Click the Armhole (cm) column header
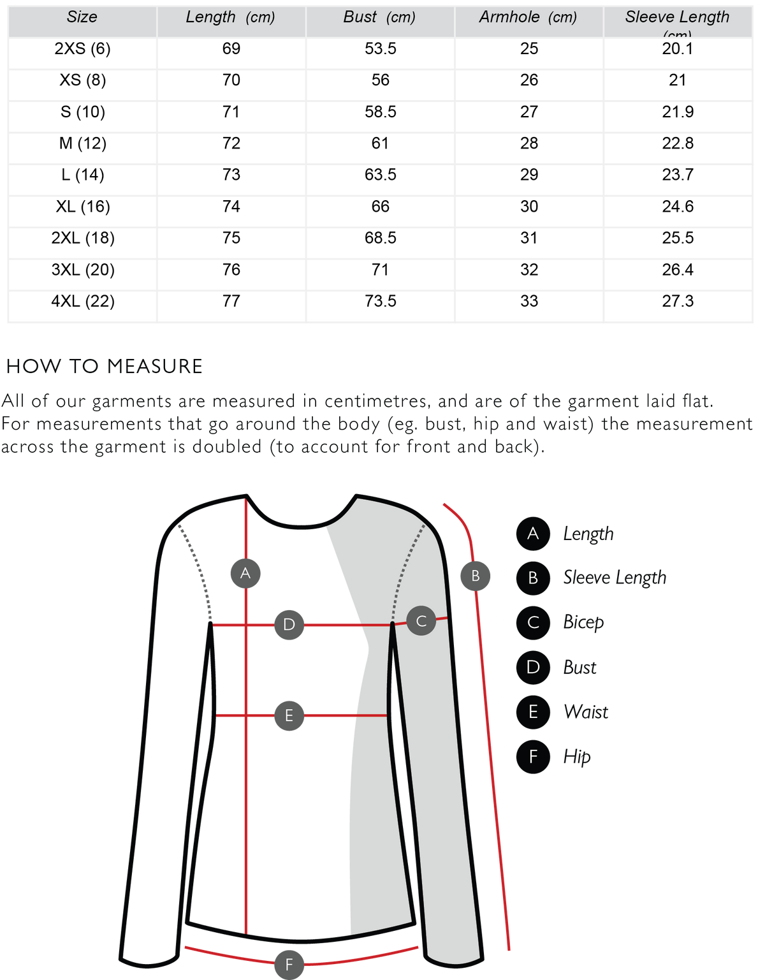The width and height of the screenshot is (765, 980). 528,18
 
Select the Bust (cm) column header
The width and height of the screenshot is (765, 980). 379,18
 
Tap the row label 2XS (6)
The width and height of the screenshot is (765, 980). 82,48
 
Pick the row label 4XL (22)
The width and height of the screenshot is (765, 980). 83,301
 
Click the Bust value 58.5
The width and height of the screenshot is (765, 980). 381,112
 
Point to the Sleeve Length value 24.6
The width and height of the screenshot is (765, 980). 678,207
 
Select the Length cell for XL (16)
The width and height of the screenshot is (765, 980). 231,207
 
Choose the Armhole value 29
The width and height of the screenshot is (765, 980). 528,175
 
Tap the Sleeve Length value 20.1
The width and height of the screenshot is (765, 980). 678,48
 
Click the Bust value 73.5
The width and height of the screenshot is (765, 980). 381,301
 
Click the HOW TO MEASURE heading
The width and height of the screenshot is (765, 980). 105,366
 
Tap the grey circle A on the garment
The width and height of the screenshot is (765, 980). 245,573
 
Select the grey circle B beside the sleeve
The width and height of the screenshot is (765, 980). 475,576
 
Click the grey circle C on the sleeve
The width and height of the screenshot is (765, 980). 421,621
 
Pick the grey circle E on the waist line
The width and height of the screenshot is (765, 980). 289,715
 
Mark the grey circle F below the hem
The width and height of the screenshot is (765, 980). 289,965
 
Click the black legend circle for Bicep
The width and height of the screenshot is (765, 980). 533,623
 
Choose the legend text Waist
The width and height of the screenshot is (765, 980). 586,712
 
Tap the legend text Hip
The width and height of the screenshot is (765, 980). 576,757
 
